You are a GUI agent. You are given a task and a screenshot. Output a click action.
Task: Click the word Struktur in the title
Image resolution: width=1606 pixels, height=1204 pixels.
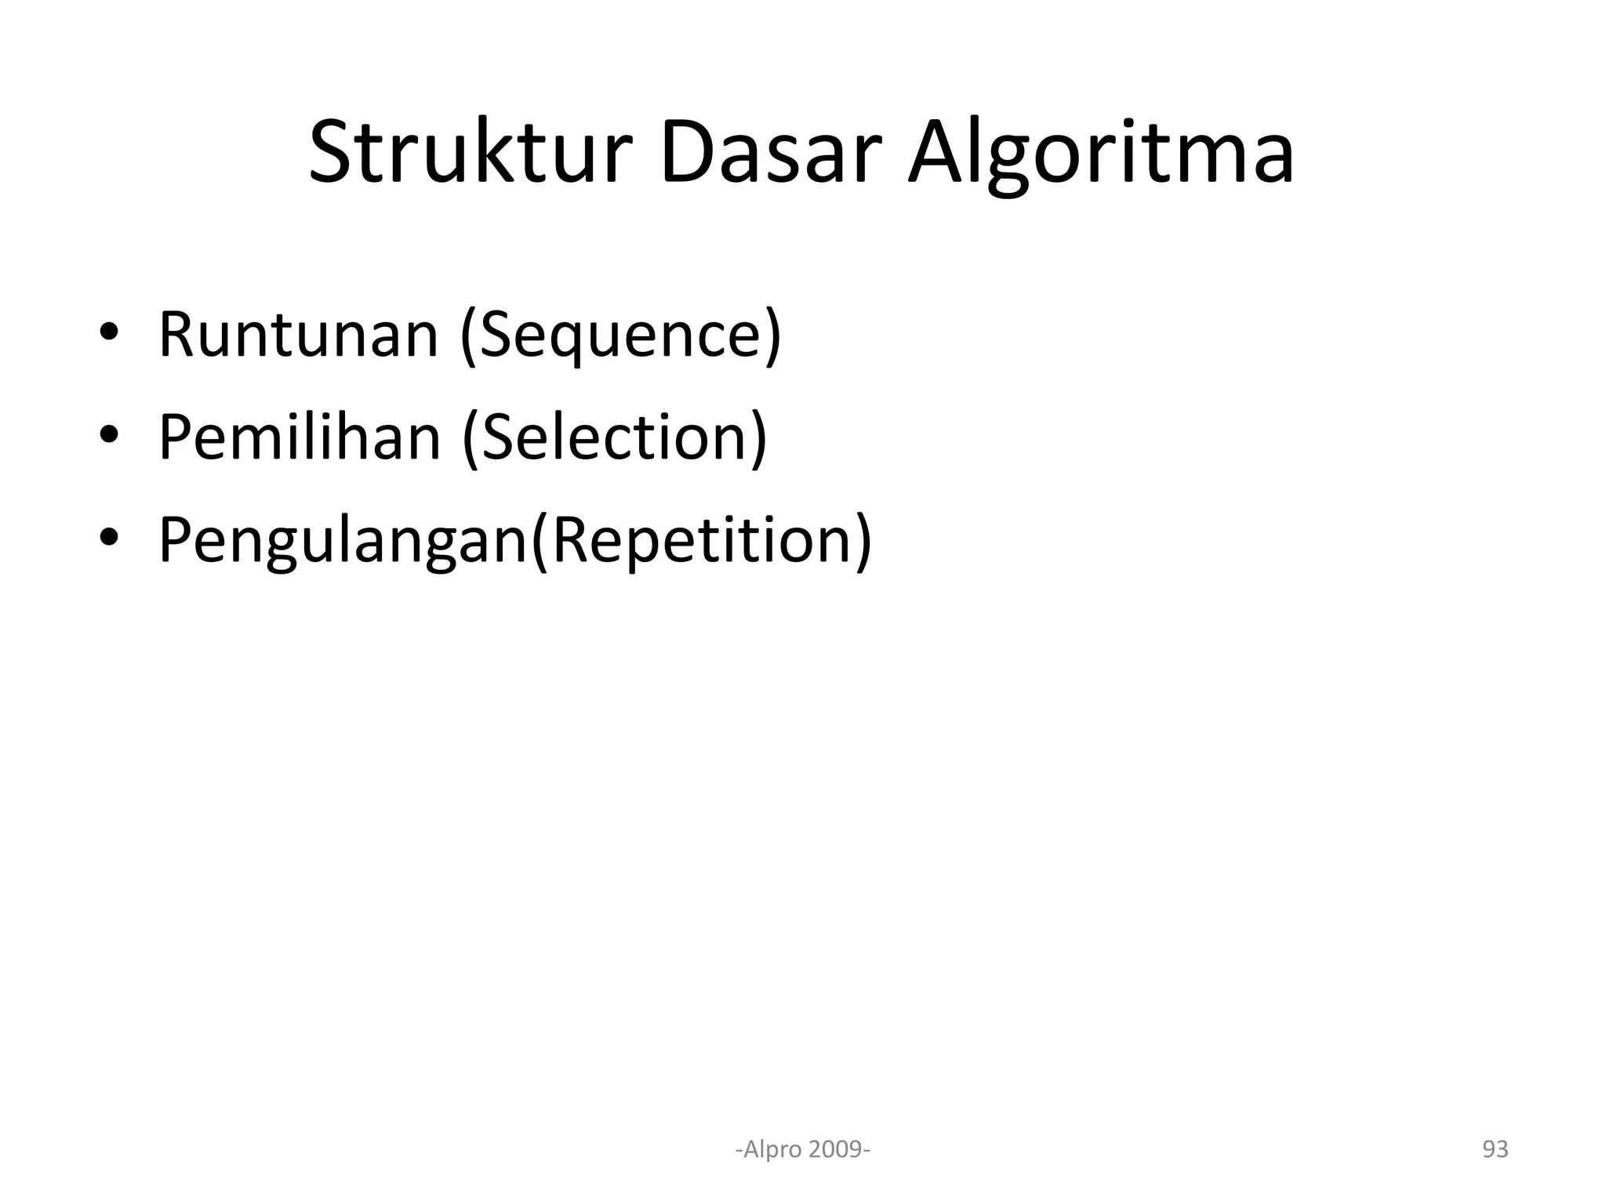click(471, 153)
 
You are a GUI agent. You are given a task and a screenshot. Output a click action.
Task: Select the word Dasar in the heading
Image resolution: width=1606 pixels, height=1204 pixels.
click(765, 153)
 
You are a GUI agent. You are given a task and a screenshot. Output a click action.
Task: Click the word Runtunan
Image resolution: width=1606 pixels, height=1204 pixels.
click(298, 335)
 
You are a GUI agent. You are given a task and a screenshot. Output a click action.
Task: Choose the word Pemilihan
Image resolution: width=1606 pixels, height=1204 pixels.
click(300, 437)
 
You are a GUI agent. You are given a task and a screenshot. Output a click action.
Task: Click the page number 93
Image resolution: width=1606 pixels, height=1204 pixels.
click(1495, 1149)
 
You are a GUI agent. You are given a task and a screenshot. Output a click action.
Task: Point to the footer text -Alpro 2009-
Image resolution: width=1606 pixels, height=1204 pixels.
click(803, 1149)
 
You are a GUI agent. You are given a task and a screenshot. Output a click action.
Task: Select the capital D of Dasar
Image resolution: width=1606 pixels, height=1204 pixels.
click(687, 153)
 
